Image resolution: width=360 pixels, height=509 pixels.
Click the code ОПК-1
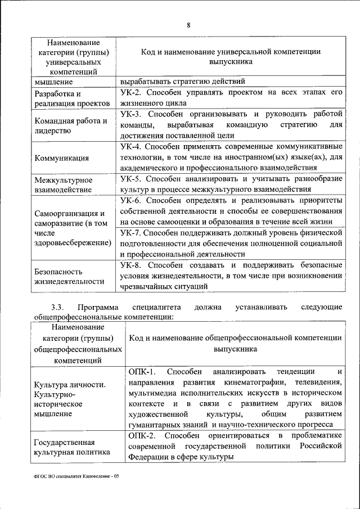coord(141,372)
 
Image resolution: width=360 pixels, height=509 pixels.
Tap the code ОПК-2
coord(141,436)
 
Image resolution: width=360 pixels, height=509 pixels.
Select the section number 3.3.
coord(58,307)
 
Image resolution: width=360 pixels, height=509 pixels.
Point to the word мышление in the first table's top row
coord(52,82)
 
